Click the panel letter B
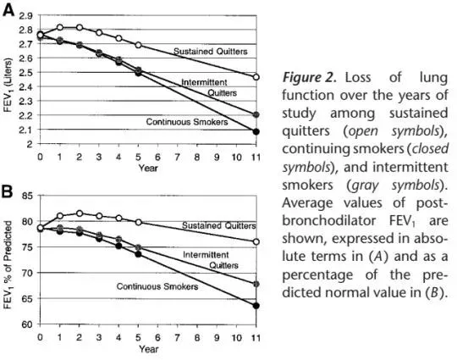pos(8,192)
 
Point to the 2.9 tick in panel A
pos(26,16)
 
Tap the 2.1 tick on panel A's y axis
pos(26,130)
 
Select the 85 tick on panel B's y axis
pos(27,196)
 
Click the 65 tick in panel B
pos(27,299)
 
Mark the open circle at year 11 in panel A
pos(256,77)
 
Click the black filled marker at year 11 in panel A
pos(256,132)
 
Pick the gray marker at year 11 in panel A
pos(256,114)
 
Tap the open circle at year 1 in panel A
pos(60,27)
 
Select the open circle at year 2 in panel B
pos(80,213)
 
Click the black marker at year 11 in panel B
pos(256,306)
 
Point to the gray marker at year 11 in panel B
pos(256,284)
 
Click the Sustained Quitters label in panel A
pos(211,52)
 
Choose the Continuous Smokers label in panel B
pos(157,286)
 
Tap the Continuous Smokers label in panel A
pos(187,122)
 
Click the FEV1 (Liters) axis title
pos(8,85)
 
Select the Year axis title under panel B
pos(148,349)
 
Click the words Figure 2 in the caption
pos(310,78)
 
